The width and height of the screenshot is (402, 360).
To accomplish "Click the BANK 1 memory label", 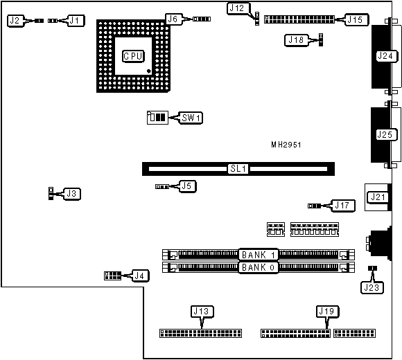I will pos(259,254).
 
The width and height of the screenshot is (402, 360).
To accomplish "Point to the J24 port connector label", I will pos(383,56).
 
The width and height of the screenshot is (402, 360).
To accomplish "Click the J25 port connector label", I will pos(383,134).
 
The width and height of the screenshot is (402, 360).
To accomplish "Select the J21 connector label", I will pos(378,197).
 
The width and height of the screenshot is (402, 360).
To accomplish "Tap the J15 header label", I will pos(356,19).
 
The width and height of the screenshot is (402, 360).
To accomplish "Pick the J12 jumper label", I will pos(236,8).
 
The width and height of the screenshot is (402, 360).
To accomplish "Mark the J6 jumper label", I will pos(174,19).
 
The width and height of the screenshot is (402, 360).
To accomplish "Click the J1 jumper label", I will pos(76,21).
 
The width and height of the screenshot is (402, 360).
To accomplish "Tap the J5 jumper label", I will pos(186,205).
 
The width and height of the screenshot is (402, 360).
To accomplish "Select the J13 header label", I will pos(200,311).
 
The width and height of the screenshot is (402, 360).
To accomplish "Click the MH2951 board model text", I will pos(286,146).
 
